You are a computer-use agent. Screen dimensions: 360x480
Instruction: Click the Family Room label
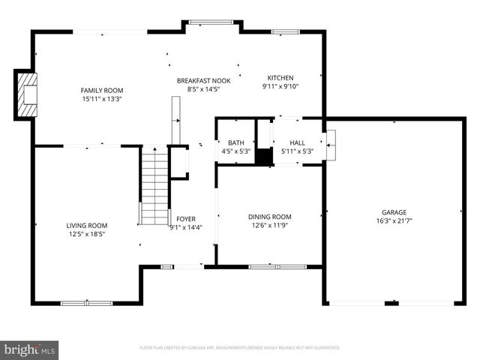pos(101,90)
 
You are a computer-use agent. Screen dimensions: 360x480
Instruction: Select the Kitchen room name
pos(280,77)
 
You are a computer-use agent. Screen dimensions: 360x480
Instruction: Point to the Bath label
pos(236,142)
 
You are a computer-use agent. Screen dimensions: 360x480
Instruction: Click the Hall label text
pos(297,142)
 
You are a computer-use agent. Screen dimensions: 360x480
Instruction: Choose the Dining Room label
pos(269,217)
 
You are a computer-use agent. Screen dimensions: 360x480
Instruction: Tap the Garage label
pos(394,212)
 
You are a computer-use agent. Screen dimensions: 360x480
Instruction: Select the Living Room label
pos(86,225)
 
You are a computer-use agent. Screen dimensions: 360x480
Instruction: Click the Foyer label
pos(185,219)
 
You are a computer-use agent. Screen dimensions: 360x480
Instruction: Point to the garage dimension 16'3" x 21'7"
pos(394,220)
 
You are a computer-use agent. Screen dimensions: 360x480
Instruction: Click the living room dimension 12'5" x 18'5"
pos(86,234)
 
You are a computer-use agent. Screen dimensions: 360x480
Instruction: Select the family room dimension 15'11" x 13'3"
pos(101,98)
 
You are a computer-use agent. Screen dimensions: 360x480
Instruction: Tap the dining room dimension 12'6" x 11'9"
pos(269,225)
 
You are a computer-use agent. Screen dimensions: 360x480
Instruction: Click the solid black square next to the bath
pos(263,157)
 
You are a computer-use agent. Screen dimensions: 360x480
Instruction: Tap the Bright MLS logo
pos(30,349)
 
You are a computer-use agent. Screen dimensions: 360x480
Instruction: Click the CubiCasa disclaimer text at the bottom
pos(240,347)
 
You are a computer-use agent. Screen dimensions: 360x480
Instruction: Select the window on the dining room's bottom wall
pos(277,266)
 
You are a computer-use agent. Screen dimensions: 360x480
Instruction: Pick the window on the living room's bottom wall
pos(81,303)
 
